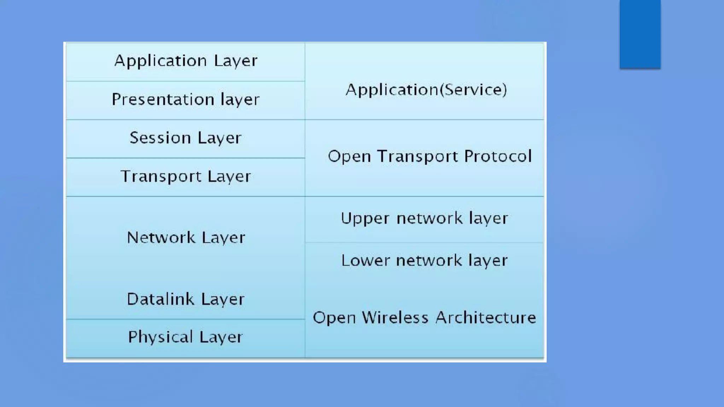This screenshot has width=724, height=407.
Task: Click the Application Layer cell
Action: pos(186,61)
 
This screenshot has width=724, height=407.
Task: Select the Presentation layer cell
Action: pos(186,100)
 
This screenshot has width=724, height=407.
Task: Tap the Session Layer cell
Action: pos(186,138)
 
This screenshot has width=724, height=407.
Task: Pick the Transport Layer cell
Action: pos(186,176)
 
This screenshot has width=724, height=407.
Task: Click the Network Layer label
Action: pos(186,237)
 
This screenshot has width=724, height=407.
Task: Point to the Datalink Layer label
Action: pos(186,299)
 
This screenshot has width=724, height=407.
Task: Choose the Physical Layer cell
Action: pos(186,337)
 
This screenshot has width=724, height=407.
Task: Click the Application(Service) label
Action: pos(426,90)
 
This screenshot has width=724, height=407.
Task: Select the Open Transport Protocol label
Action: pos(430,156)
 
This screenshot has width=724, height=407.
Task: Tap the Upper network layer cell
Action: pos(424,218)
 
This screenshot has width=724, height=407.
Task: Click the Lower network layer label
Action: pos(424,261)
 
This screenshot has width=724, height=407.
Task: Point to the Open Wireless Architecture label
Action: pos(424,318)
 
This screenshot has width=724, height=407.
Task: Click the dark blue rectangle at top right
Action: pos(640,34)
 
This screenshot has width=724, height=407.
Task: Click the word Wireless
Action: pos(395,318)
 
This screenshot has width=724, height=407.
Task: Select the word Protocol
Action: pos(498,156)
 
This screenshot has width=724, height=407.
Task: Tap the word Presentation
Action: pos(163,100)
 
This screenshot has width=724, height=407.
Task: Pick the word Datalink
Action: pos(160,299)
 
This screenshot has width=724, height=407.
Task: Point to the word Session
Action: pos(160,138)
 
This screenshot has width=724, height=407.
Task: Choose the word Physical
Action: pos(160,337)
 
